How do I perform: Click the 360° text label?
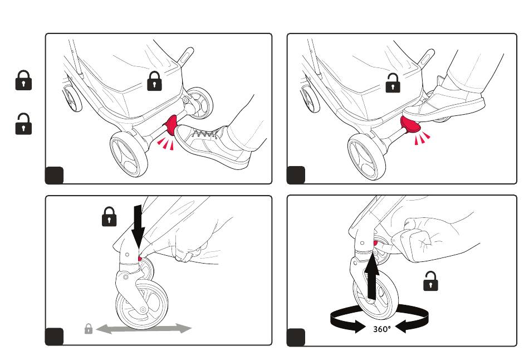[382, 329]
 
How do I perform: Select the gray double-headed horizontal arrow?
[144, 329]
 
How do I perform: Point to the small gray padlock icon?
[88, 329]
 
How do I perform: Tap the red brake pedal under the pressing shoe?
[412, 126]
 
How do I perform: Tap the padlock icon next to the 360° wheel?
[430, 281]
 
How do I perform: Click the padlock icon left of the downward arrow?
[109, 216]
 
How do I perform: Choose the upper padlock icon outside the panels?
[23, 80]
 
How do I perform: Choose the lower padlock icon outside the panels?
[23, 124]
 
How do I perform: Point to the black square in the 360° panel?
[296, 337]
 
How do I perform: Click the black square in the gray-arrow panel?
[55, 337]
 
